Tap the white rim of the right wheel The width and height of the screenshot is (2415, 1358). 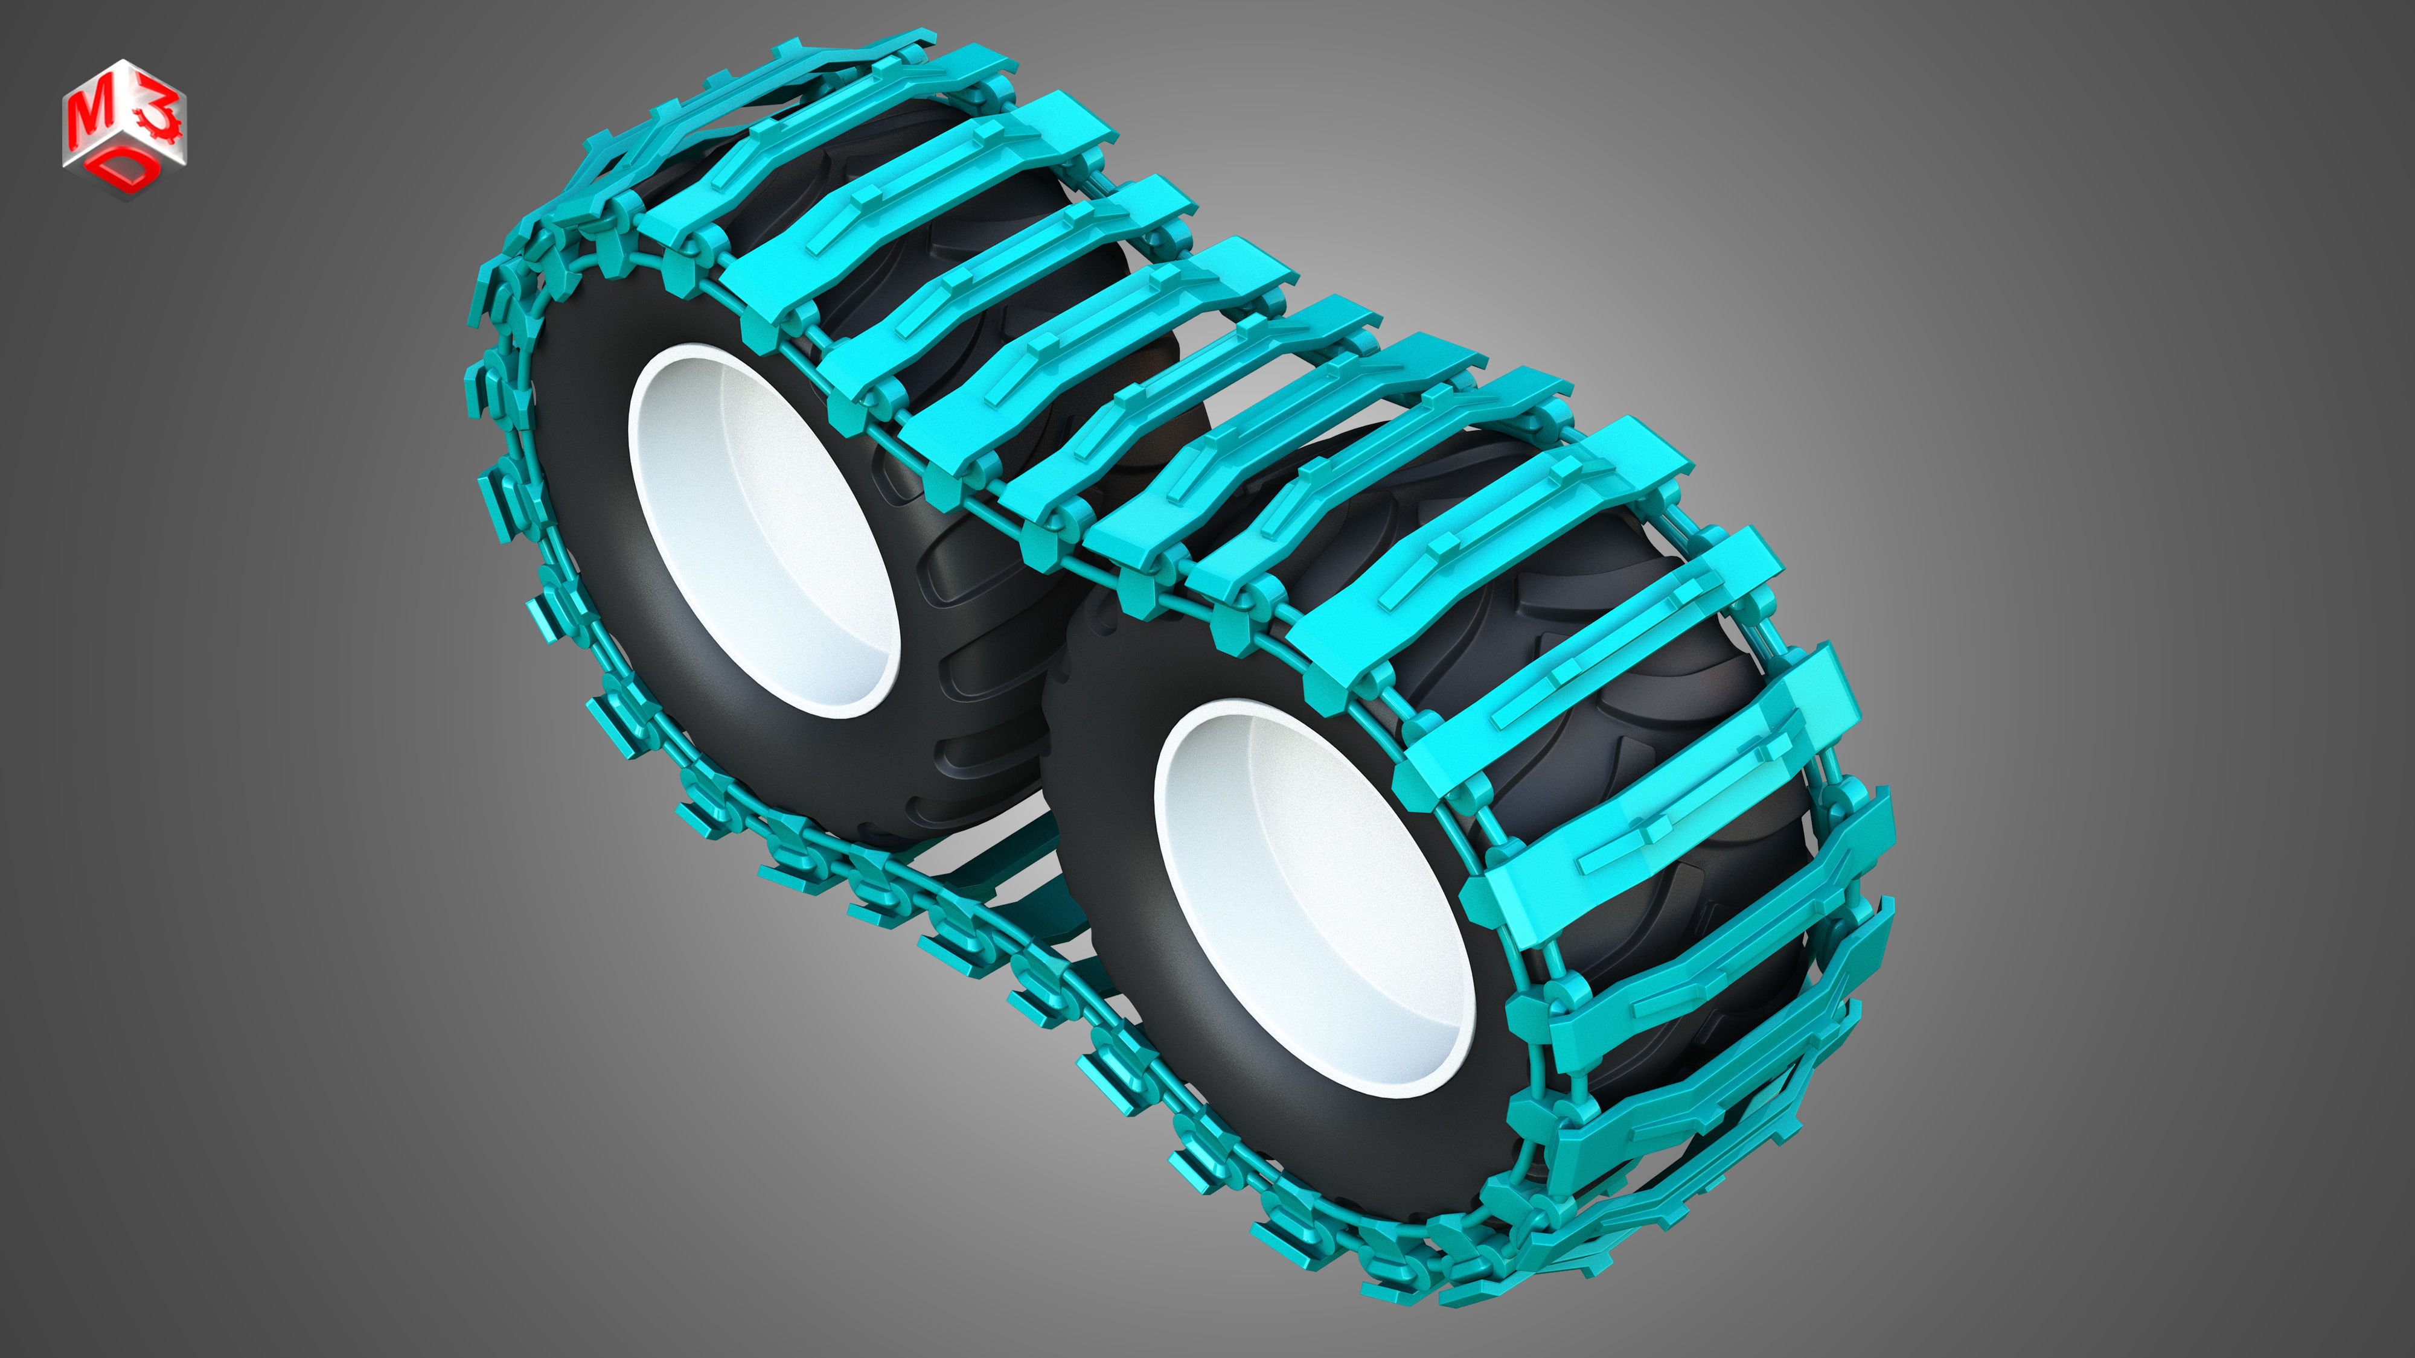click(x=1209, y=900)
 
